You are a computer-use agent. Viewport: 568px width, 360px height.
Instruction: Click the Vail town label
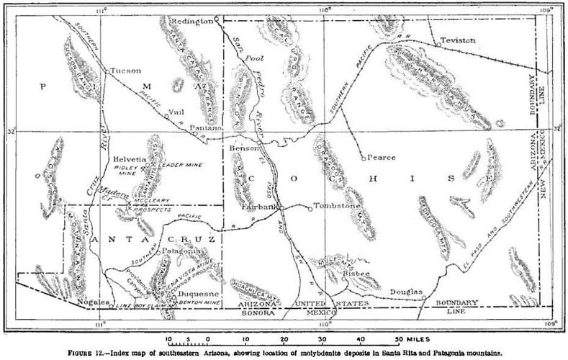[173, 111]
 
